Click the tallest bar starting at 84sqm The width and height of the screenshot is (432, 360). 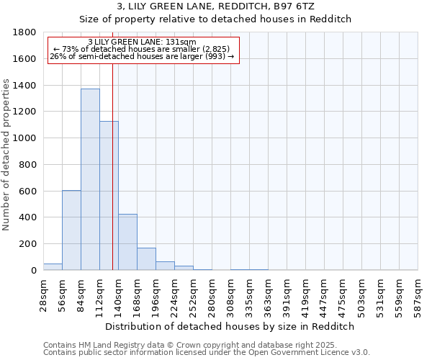tap(90, 179)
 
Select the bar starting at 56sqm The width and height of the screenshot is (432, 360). tap(71, 230)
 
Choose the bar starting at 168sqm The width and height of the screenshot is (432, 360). tap(146, 259)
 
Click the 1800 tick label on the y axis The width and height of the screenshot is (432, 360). tap(25, 32)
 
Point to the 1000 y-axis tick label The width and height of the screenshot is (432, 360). tap(25, 138)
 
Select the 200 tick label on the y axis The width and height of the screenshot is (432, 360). tap(28, 244)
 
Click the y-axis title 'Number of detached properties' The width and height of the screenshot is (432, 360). tap(7, 151)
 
